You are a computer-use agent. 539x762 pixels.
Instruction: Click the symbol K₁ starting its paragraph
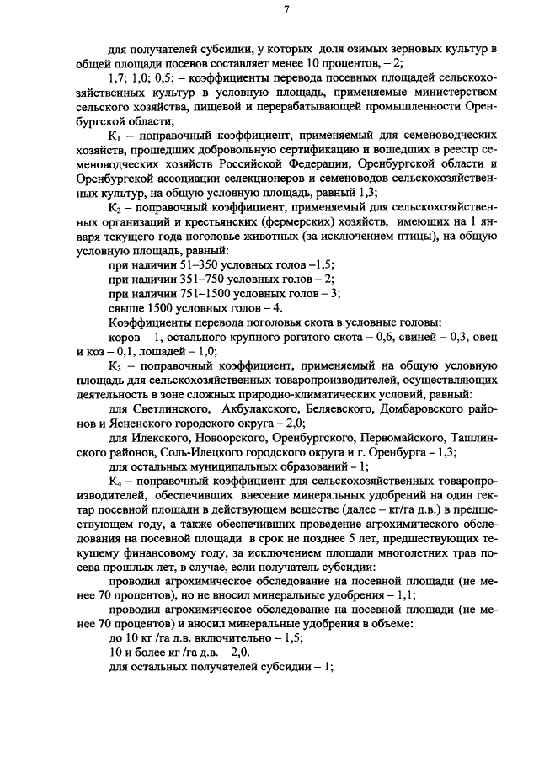click(116, 135)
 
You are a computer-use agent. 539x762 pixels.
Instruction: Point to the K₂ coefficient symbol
click(116, 207)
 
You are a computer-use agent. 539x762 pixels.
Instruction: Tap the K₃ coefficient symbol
click(116, 366)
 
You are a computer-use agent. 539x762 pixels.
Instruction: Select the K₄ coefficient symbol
click(116, 482)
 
